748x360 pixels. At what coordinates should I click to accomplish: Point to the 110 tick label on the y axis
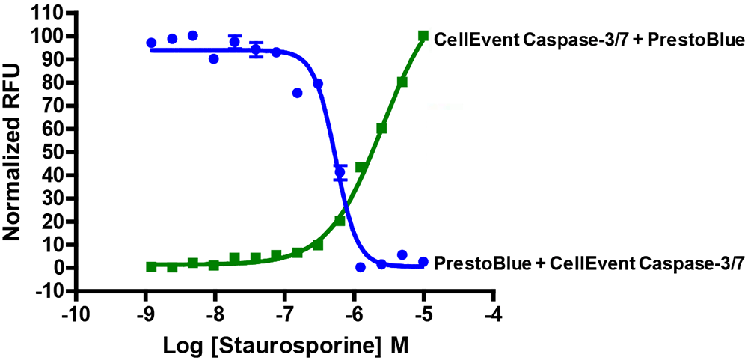(47, 13)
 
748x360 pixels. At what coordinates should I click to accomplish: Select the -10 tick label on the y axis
(47, 291)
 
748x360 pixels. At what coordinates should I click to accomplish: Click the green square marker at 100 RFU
(423, 36)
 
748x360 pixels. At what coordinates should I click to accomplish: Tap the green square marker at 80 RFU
(402, 82)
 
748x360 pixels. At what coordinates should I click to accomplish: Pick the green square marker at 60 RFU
(381, 129)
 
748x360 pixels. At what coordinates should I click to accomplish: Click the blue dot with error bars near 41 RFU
(340, 173)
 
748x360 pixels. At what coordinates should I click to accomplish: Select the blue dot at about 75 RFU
(298, 93)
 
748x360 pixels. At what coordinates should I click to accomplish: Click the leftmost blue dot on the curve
(151, 43)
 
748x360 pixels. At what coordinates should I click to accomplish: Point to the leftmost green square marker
(151, 266)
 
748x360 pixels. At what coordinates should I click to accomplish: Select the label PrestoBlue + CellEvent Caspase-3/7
(589, 263)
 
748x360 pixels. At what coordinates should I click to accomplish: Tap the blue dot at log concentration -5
(423, 262)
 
